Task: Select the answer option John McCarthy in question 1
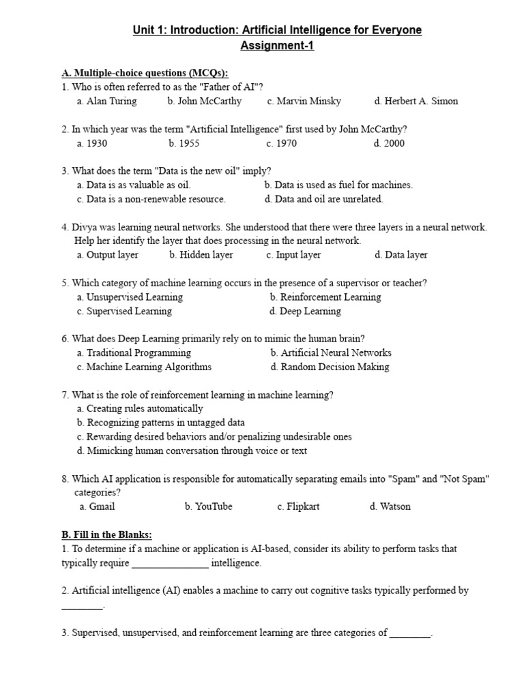(x=204, y=101)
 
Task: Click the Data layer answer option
(x=401, y=255)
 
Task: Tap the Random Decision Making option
(x=330, y=367)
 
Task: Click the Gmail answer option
(x=97, y=506)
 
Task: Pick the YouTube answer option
(x=208, y=506)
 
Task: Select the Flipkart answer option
(x=298, y=506)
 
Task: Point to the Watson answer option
(x=390, y=506)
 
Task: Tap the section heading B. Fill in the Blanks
(x=106, y=534)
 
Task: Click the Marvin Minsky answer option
(x=304, y=101)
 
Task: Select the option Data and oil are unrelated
(x=324, y=199)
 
